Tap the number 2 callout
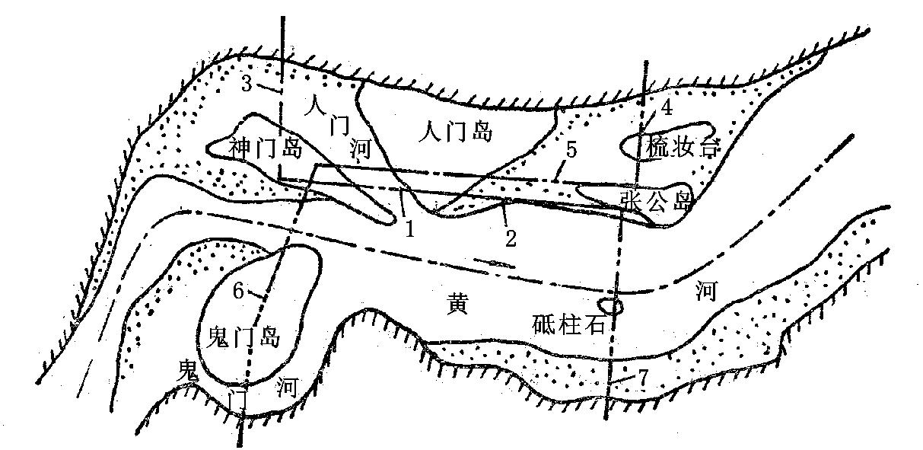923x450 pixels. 511,238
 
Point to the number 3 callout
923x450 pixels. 246,83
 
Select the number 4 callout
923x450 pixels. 667,107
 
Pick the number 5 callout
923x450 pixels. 571,150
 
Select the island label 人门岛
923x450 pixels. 456,132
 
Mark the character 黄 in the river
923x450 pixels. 456,305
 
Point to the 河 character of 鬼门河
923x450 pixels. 288,388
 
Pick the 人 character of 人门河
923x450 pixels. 314,104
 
